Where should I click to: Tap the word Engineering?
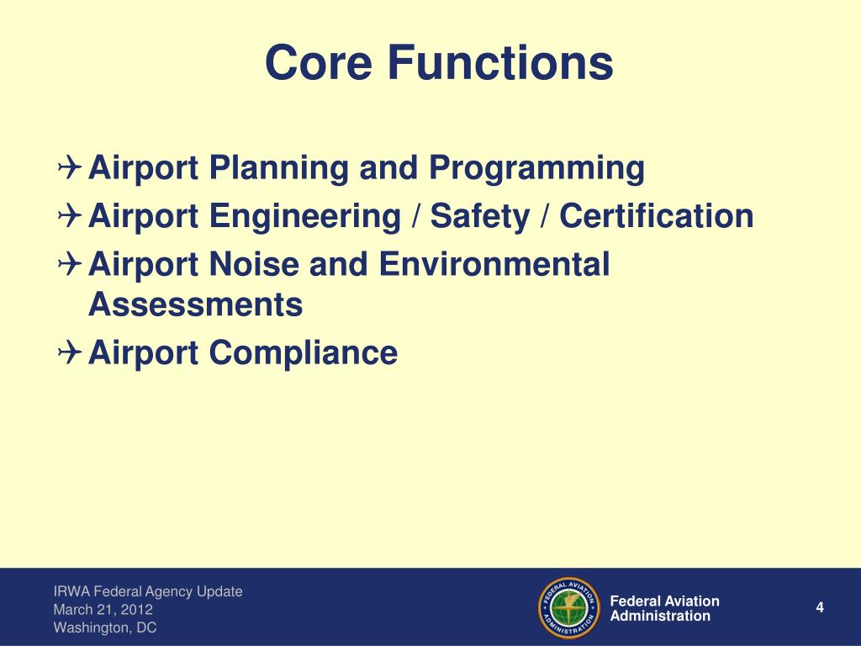coord(305,217)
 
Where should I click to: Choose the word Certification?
coord(656,217)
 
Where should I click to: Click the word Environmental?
coord(494,266)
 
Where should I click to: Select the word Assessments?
coord(195,304)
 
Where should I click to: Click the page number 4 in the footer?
coord(819,608)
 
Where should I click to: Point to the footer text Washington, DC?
coord(105,627)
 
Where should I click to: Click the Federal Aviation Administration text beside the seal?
coord(664,608)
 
